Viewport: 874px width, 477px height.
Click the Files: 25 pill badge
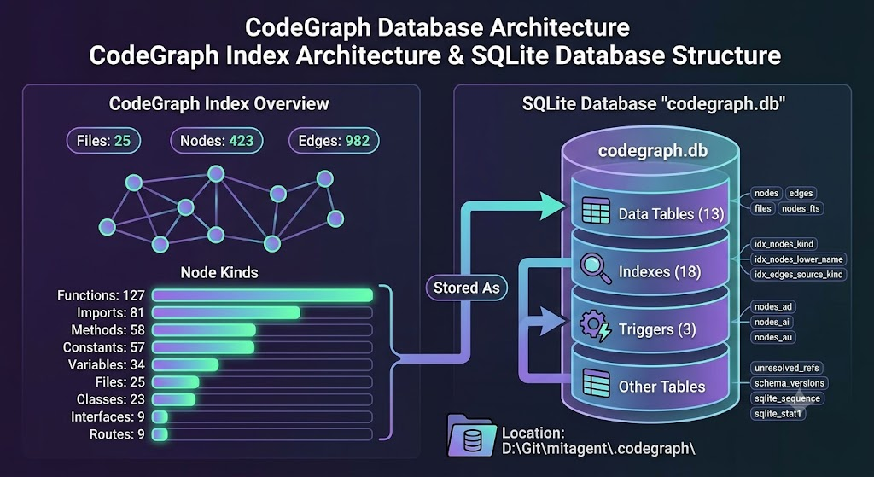point(103,141)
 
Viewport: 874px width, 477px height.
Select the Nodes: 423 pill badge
point(216,141)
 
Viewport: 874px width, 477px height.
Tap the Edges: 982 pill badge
point(334,141)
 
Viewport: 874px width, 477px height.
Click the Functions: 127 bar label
point(101,295)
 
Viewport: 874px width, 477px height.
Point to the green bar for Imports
point(226,312)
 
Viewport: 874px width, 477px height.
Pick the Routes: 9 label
point(117,434)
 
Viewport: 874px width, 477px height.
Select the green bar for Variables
point(185,365)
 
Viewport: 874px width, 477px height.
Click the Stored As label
point(467,288)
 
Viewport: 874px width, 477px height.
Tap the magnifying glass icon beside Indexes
point(596,269)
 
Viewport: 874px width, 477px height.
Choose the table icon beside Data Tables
point(596,212)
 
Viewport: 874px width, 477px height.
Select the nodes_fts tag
point(801,208)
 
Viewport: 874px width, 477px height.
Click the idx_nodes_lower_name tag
point(799,259)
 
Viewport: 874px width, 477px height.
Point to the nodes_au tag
point(773,337)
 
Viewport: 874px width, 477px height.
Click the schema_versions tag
point(789,383)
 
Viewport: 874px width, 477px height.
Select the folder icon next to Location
point(471,435)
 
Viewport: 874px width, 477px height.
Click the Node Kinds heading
point(219,272)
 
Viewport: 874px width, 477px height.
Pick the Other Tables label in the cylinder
point(661,387)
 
